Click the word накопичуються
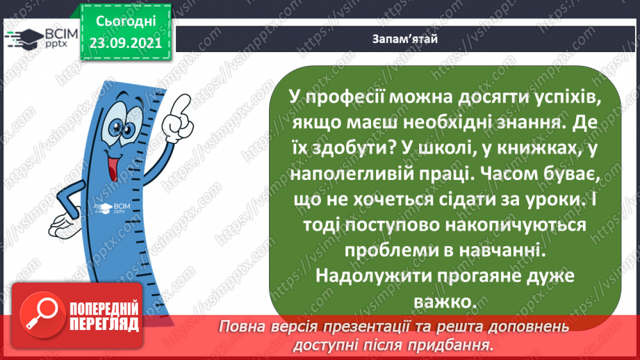(x=493, y=224)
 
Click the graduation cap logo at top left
(x=23, y=38)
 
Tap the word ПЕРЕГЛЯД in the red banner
(x=104, y=324)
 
